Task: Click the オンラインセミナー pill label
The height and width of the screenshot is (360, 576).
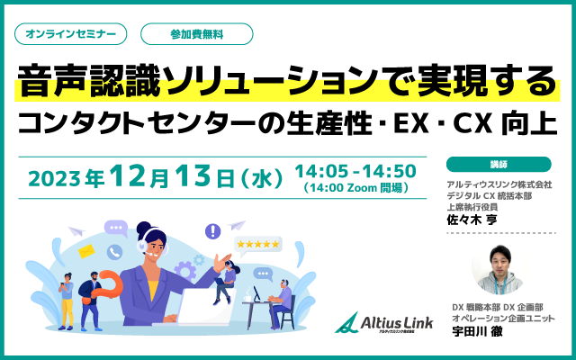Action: click(x=70, y=34)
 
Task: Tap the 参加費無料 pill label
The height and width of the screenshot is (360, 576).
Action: click(x=197, y=34)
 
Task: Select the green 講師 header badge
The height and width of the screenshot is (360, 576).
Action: click(x=499, y=164)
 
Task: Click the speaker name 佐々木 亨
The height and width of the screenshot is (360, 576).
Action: click(x=472, y=220)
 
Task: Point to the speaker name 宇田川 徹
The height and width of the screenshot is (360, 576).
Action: click(x=477, y=331)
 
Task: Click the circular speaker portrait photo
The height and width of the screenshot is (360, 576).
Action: click(x=500, y=269)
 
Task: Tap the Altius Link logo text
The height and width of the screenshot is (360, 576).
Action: click(x=396, y=322)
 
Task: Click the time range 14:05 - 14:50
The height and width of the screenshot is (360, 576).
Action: click(x=355, y=171)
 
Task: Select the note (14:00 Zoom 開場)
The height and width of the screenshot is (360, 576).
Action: click(x=356, y=188)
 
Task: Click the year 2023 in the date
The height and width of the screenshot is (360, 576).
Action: click(x=54, y=179)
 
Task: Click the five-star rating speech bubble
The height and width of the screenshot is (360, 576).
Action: click(x=258, y=245)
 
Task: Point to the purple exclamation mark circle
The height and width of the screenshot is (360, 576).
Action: click(x=212, y=231)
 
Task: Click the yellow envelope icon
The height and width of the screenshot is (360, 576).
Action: click(x=86, y=251)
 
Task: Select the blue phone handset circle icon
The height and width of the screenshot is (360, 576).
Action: click(x=114, y=252)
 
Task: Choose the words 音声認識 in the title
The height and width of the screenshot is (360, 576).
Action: click(x=89, y=82)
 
